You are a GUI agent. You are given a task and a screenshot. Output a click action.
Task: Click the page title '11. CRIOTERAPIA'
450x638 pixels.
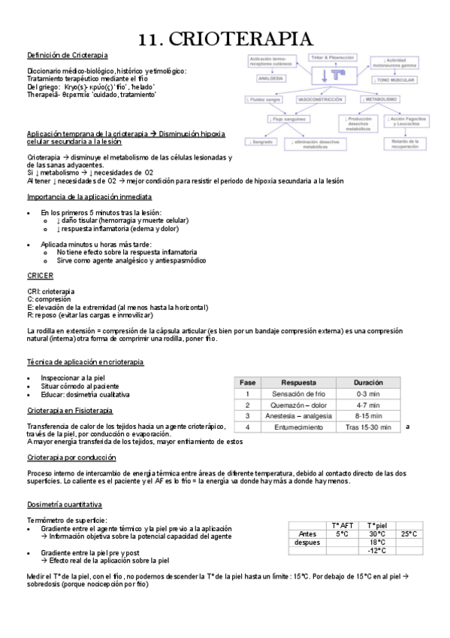225,38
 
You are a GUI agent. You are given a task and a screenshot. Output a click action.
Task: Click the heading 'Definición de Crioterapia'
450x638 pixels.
67,55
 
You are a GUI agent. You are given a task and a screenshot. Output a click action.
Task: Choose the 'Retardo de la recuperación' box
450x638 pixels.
406,144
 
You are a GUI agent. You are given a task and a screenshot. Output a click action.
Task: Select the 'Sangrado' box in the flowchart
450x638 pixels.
261,141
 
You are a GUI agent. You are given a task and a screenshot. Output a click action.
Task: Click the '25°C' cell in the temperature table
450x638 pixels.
408,533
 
